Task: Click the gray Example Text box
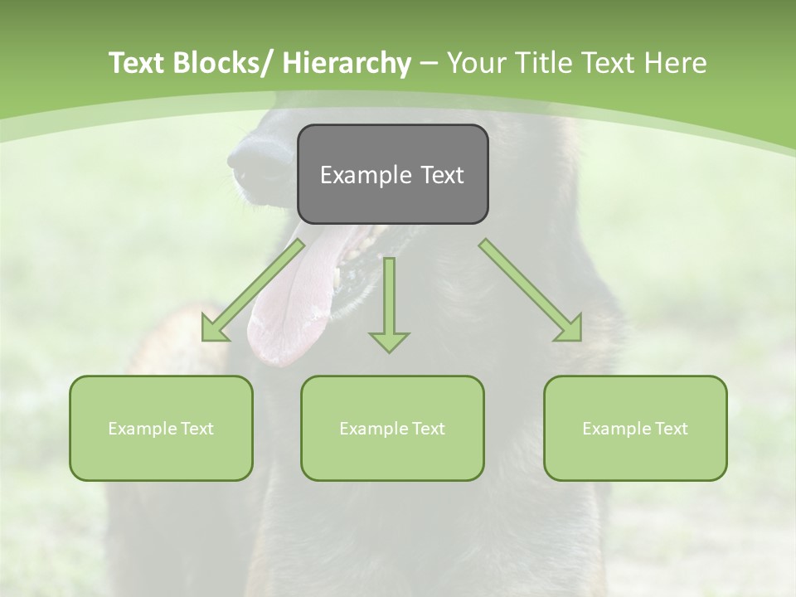pos(392,174)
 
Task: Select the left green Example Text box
pos(161,428)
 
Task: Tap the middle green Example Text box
pos(392,428)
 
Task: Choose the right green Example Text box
pos(635,428)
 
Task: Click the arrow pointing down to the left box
pos(253,290)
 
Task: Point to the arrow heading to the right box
pos(531,290)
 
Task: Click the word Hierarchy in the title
pos(347,63)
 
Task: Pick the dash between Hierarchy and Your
pos(429,63)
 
